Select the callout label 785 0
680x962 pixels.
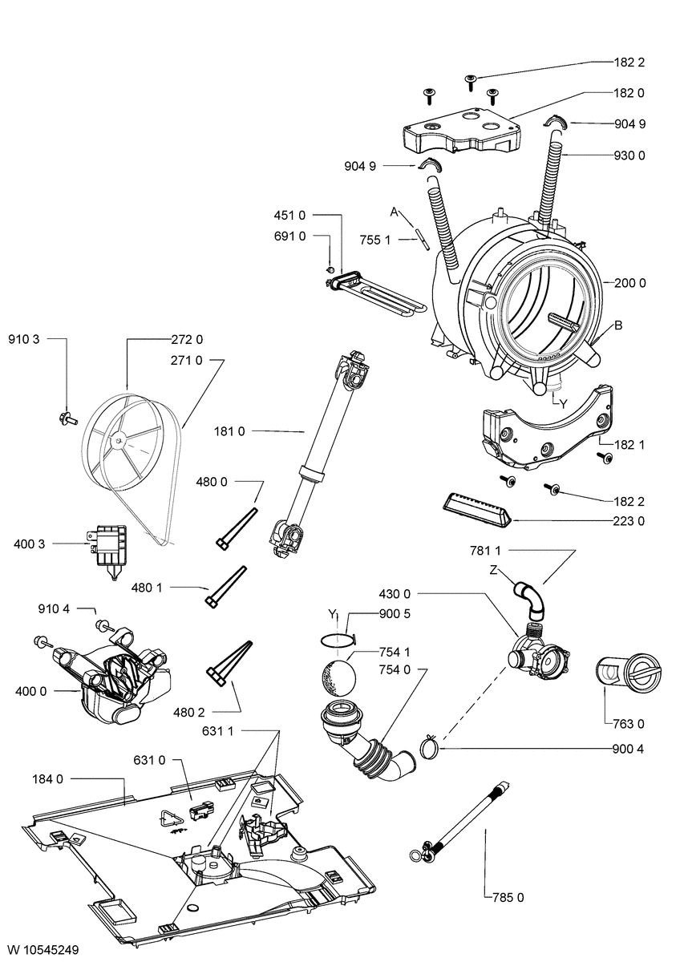pos(507,898)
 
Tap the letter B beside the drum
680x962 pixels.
pos(619,325)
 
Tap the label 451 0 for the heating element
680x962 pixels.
pos(290,215)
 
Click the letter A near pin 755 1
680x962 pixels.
pos(395,211)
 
